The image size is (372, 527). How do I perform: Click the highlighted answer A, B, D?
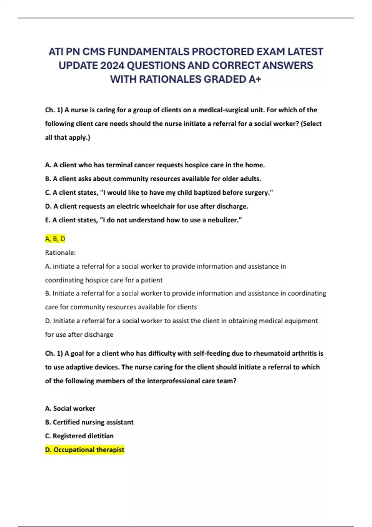pyautogui.click(x=55, y=239)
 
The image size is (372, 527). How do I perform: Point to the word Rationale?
pyautogui.click(x=60, y=253)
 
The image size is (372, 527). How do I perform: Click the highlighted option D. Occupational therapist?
pyautogui.click(x=85, y=449)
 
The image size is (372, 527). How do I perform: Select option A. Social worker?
pyautogui.click(x=70, y=408)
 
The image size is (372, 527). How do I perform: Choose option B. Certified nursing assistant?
pyautogui.click(x=89, y=422)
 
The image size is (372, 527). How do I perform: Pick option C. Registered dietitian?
pyautogui.click(x=79, y=436)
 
